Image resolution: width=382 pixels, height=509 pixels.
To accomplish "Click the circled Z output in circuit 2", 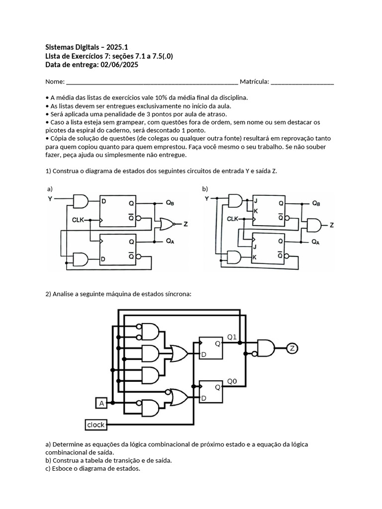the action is tap(292, 348).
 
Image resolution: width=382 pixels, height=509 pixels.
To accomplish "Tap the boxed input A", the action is tap(101, 403).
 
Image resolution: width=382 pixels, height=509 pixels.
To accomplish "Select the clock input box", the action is tap(96, 425).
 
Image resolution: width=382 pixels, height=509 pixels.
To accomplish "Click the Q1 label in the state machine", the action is tap(232, 338).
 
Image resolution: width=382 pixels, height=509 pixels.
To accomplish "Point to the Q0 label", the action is tap(232, 381).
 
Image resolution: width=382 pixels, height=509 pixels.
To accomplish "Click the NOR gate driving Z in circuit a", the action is tap(166, 224).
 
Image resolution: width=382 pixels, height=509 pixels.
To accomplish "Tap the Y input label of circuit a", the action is tap(50, 199).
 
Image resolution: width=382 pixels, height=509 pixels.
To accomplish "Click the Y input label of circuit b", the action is tap(206, 198).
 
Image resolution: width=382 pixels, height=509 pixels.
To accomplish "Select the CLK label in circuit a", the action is tap(78, 220).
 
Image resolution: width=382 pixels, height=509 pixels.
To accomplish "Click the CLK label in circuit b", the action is tap(233, 219).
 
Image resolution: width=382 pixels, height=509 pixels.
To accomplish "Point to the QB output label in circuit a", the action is tap(170, 203).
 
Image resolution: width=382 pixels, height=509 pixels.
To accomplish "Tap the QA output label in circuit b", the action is tap(315, 242).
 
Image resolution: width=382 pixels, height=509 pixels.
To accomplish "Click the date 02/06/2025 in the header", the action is tap(119, 65).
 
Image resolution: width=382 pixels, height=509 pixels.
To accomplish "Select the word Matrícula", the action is tap(254, 82).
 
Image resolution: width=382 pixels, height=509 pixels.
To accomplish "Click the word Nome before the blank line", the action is tap(55, 82).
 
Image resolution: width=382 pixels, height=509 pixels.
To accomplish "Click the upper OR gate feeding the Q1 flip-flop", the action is tap(179, 353).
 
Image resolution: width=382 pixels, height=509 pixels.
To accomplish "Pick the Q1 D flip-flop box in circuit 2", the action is tap(211, 348).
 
